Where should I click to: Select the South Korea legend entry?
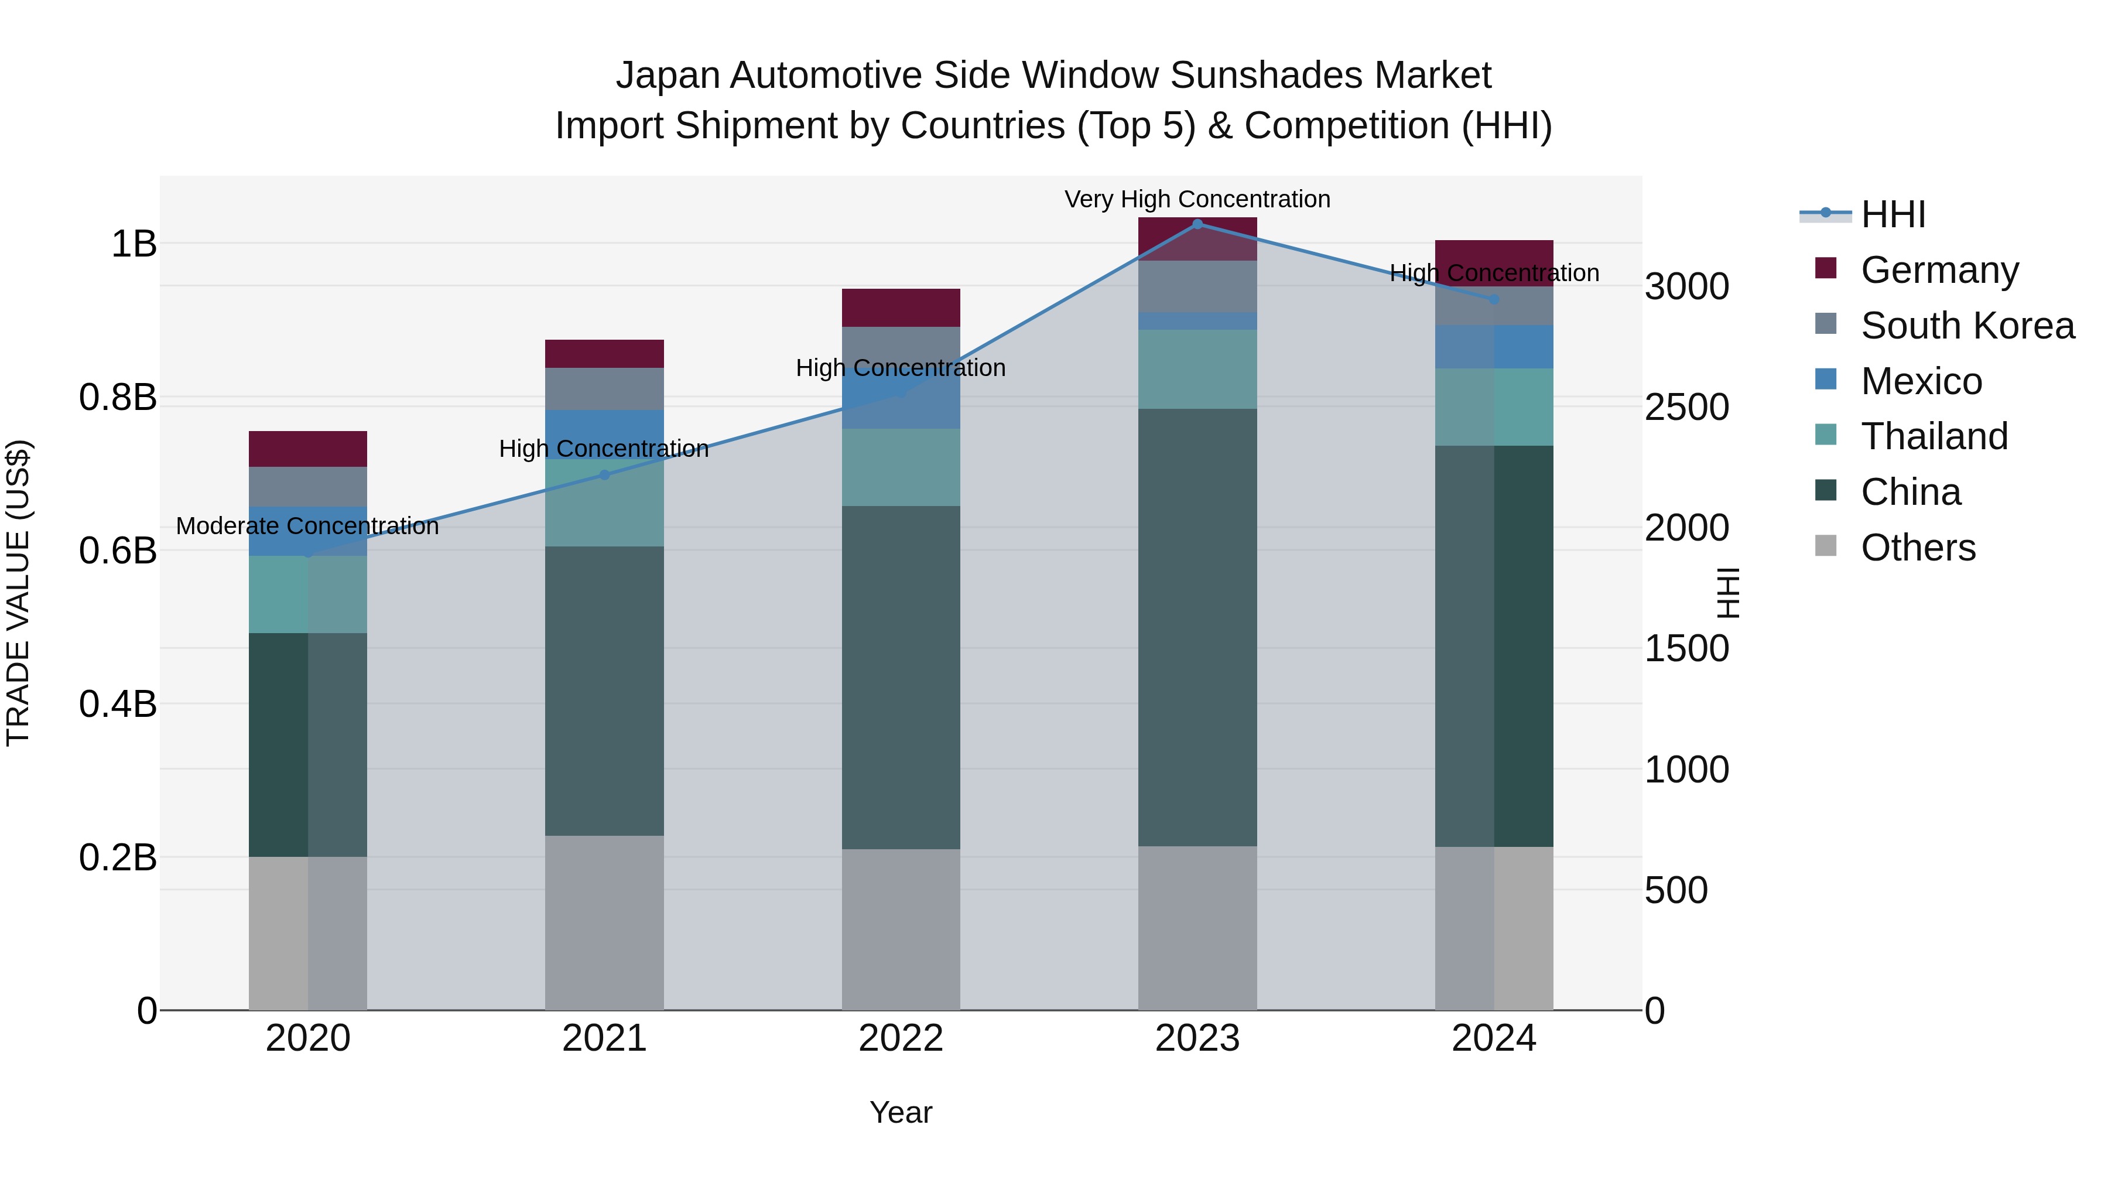[x=1966, y=326]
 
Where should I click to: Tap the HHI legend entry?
[x=1892, y=214]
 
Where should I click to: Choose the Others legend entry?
[x=1917, y=548]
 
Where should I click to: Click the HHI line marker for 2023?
[x=1197, y=224]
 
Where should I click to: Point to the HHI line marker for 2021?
[x=604, y=475]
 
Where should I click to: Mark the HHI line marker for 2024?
[x=1493, y=299]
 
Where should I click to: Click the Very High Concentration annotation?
[x=1197, y=199]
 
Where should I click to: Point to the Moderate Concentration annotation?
[x=307, y=527]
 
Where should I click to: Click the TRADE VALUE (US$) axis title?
[x=18, y=593]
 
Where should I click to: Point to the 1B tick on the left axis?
[x=134, y=244]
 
